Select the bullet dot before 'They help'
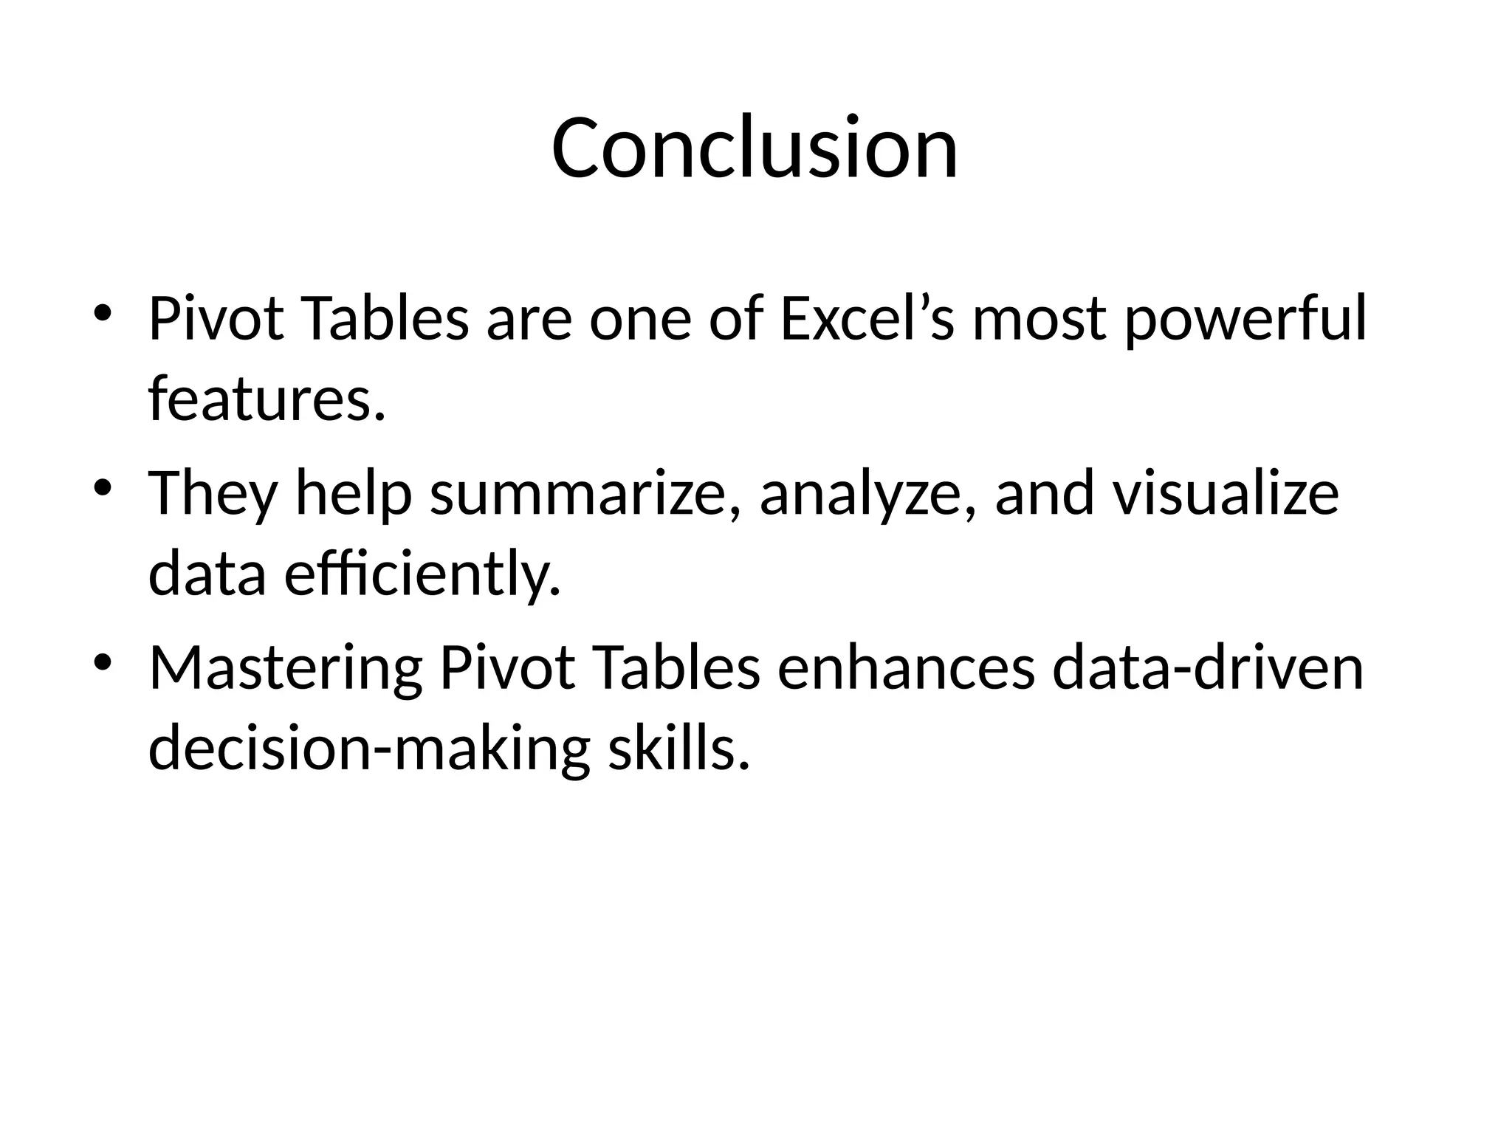click(x=102, y=487)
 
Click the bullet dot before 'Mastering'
click(x=102, y=661)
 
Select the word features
click(x=267, y=399)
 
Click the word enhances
click(x=905, y=668)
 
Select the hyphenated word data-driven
click(x=1207, y=668)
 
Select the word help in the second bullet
click(x=354, y=495)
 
